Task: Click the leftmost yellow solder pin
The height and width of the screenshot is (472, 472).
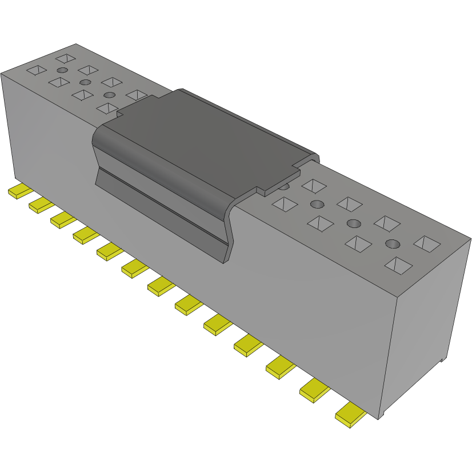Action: (21, 191)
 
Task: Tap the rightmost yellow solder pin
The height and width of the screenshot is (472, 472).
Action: (350, 415)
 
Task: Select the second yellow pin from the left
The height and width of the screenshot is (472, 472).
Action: (41, 205)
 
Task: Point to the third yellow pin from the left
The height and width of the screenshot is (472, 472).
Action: (63, 219)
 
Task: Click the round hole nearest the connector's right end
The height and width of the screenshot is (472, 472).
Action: (393, 244)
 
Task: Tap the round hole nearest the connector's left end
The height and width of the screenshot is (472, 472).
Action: (62, 70)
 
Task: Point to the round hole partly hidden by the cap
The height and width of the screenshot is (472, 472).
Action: (284, 186)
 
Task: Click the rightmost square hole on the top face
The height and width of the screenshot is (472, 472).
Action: (428, 244)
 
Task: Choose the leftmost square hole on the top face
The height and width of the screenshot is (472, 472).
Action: (37, 70)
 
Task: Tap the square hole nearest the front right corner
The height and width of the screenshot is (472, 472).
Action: (398, 265)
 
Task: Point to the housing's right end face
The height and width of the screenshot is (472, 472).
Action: (429, 320)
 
